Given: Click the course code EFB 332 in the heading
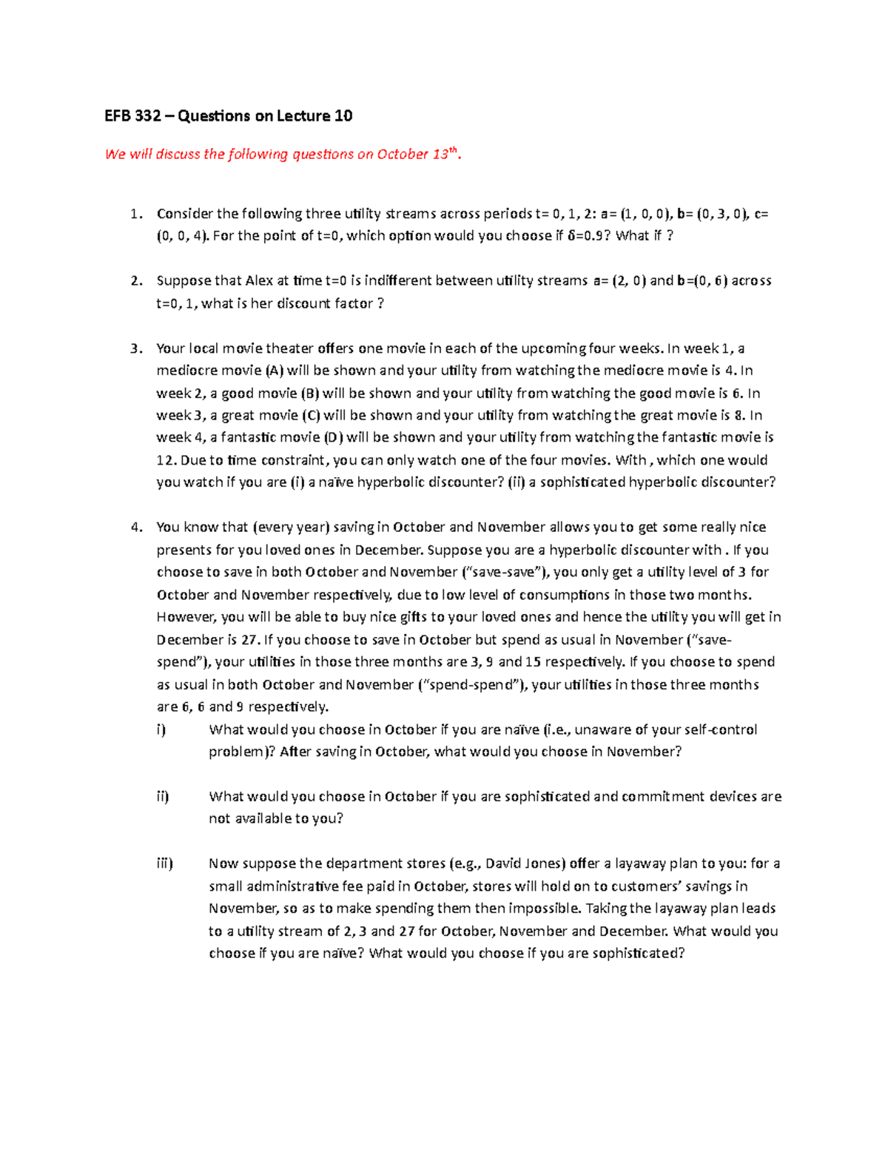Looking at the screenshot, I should click(x=128, y=115).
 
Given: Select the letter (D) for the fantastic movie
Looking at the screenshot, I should click(x=334, y=437).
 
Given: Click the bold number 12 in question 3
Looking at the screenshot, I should click(x=164, y=459).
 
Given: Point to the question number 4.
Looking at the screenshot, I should click(x=135, y=527).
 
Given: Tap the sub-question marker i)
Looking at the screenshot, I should click(x=161, y=730).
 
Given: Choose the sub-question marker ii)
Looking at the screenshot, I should click(x=162, y=796).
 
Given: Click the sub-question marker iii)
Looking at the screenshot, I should click(x=164, y=863).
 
